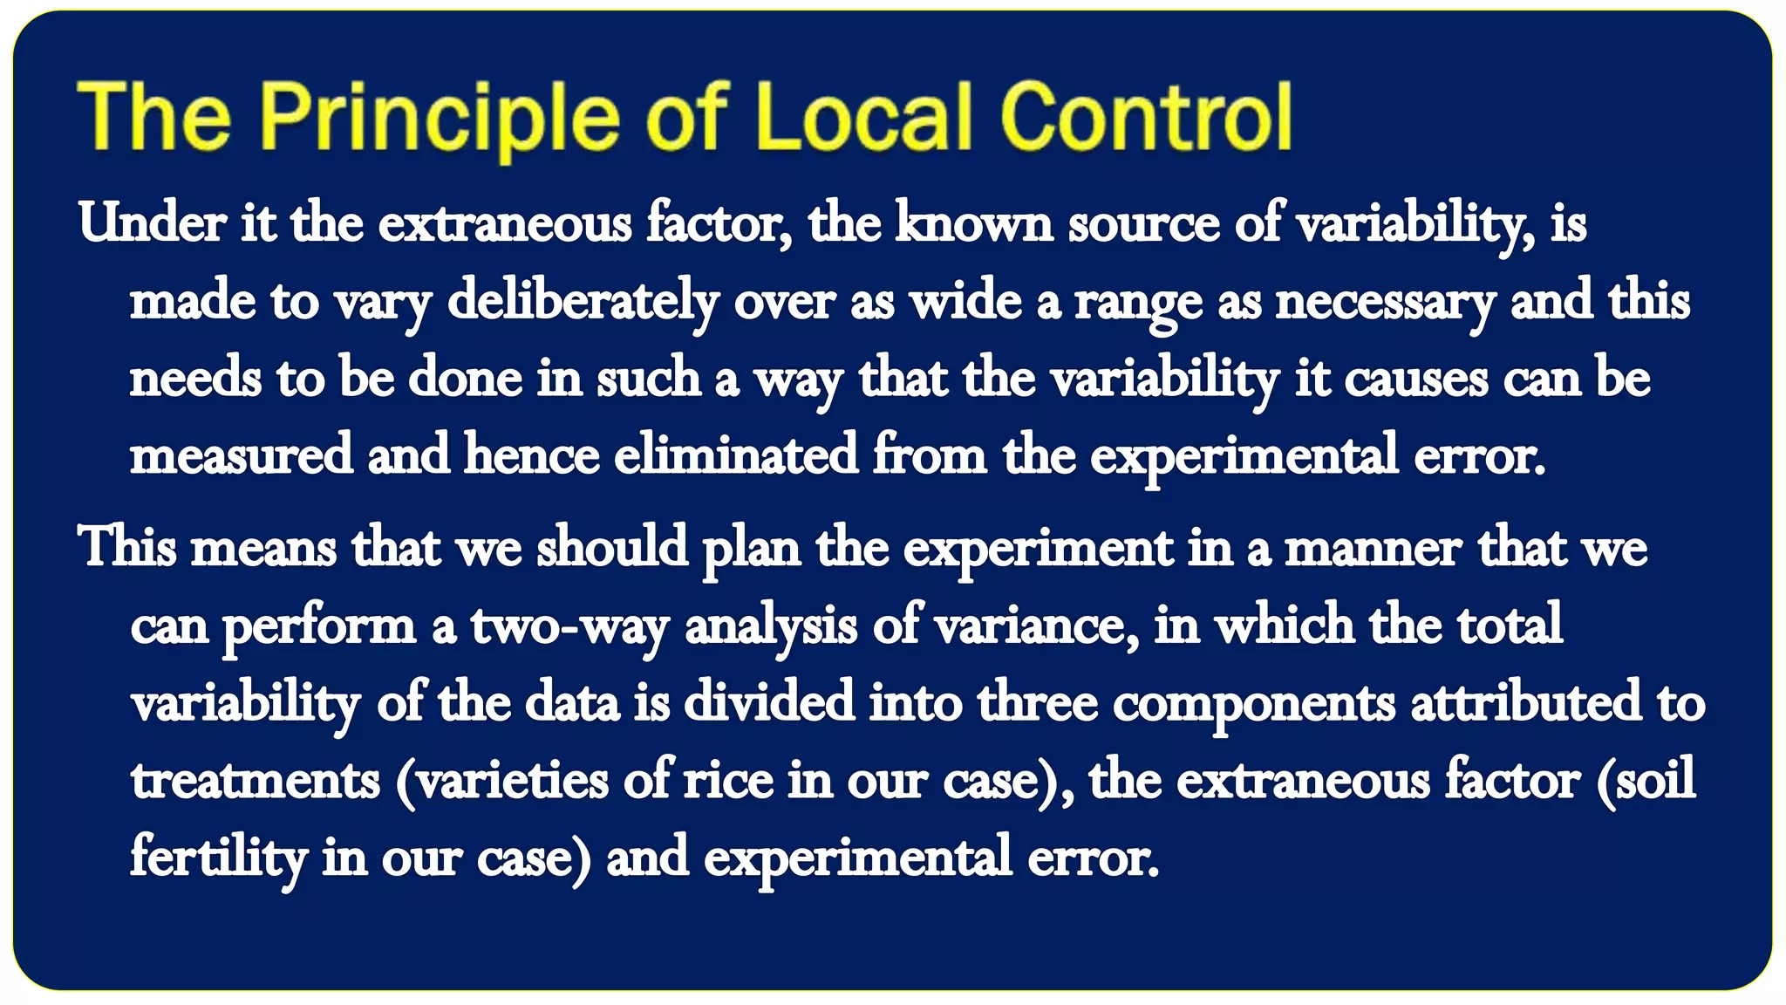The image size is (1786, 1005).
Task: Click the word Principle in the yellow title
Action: tap(440, 118)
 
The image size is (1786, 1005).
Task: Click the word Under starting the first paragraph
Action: tap(152, 223)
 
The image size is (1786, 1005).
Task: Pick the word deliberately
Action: tap(583, 302)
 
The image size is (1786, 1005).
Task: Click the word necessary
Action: tap(1385, 302)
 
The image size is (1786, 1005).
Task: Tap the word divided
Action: tap(768, 703)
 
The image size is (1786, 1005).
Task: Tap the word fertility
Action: tap(218, 858)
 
